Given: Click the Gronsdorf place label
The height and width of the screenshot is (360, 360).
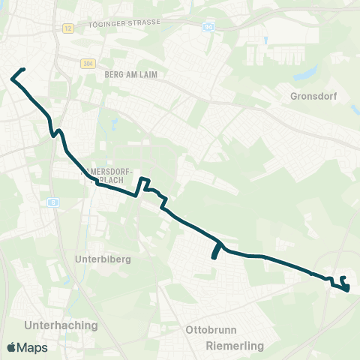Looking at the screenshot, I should click(x=314, y=96).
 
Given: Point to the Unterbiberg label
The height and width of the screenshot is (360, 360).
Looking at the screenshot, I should click(x=103, y=259).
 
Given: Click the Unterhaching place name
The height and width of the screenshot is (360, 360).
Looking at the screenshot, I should click(x=61, y=325).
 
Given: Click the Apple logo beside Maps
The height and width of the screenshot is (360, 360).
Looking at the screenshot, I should click(x=12, y=347).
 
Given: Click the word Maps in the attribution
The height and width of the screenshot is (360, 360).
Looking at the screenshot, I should click(x=33, y=348).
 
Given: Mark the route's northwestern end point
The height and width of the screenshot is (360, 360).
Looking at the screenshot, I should click(x=24, y=70).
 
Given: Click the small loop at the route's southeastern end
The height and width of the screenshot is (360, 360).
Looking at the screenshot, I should click(x=344, y=283).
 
